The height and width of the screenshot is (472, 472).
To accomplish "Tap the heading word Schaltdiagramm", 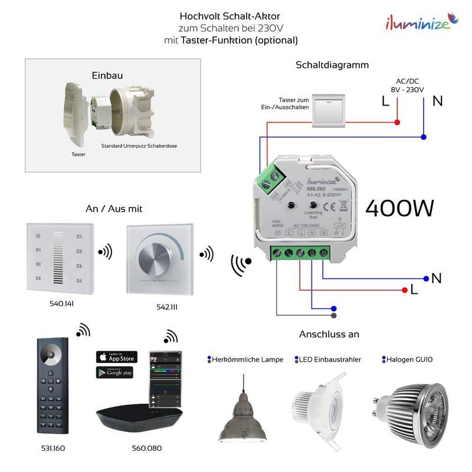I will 332,65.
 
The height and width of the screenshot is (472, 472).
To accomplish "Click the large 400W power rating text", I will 399,208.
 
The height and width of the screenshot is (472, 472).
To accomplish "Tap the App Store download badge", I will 116,358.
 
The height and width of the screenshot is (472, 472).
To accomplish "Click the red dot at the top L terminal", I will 396,123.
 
